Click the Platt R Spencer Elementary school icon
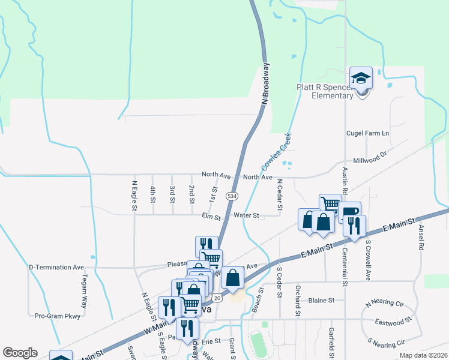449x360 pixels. (361, 79)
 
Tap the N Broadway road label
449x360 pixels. (265, 85)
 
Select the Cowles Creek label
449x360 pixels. (277, 151)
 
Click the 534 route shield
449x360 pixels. (231, 196)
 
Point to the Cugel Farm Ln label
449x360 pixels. (367, 133)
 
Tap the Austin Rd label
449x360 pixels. (345, 181)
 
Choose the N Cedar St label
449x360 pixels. (280, 193)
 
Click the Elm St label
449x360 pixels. (211, 215)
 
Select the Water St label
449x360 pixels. (246, 215)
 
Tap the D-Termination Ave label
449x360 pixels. (57, 267)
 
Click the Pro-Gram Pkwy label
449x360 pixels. (57, 316)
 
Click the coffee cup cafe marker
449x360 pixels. (349, 211)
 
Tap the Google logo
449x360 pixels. (20, 353)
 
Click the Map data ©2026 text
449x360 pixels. (423, 355)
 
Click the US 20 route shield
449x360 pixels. (216, 298)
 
